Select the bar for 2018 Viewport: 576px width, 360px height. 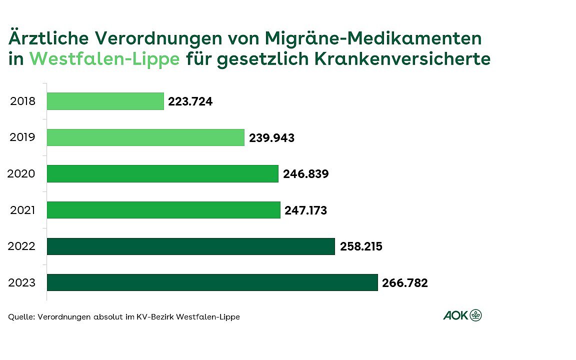pyautogui.click(x=105, y=101)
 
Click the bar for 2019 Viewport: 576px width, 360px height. pyautogui.click(x=145, y=137)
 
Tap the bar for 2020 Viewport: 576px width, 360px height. pyautogui.click(x=162, y=173)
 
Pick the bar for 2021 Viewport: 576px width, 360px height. pyautogui.click(x=163, y=210)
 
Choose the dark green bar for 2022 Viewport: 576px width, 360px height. pyautogui.click(x=190, y=246)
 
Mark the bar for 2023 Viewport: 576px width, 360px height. pyautogui.click(x=212, y=282)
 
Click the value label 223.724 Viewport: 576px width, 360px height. pyautogui.click(x=190, y=101)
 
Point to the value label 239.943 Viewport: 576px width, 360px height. pyautogui.click(x=271, y=138)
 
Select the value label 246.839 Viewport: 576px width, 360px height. pyautogui.click(x=305, y=174)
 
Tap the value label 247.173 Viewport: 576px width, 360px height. pyautogui.click(x=306, y=210)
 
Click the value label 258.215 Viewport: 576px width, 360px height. pyautogui.click(x=361, y=247)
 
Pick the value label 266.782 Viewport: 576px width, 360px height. pyautogui.click(x=405, y=283)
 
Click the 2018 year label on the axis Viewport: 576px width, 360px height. pyautogui.click(x=23, y=101)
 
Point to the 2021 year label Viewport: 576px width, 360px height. pyautogui.click(x=23, y=210)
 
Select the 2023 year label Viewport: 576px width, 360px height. pyautogui.click(x=23, y=283)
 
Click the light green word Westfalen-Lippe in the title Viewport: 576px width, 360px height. pyautogui.click(x=104, y=59)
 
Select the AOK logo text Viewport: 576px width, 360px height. pyautogui.click(x=455, y=315)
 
